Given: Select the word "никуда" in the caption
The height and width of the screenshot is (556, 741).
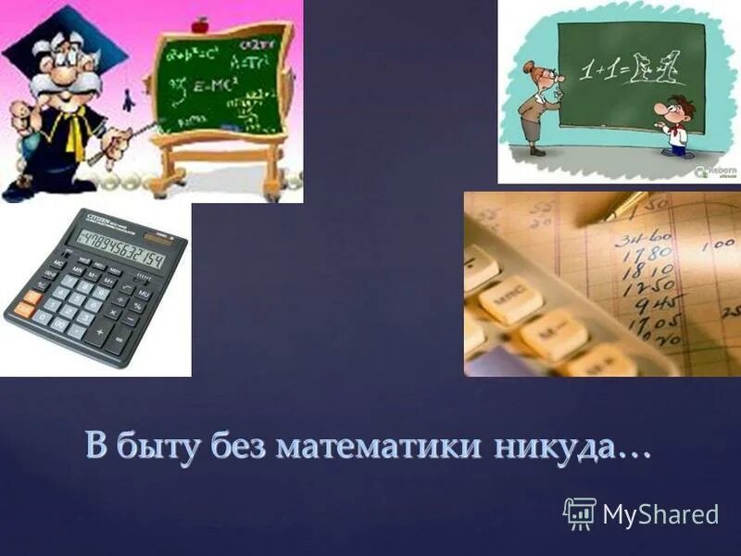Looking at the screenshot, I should point(553,446).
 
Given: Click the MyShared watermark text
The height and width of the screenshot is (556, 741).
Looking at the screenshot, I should point(660,513).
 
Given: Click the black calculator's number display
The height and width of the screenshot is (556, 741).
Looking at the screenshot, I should point(121,250).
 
